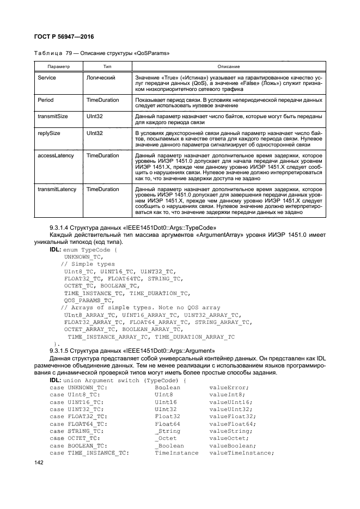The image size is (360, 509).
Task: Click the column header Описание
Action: tap(224, 66)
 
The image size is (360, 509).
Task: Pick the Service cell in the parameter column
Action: tap(47, 78)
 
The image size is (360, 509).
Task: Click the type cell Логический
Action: tap(100, 78)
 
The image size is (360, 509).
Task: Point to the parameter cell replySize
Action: tap(50, 132)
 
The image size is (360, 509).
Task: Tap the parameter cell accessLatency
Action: tap(56, 155)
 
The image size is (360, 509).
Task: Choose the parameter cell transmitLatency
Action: tap(57, 189)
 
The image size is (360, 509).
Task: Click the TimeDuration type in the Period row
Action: tap(102, 100)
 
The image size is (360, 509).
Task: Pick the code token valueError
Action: tap(229, 387)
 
